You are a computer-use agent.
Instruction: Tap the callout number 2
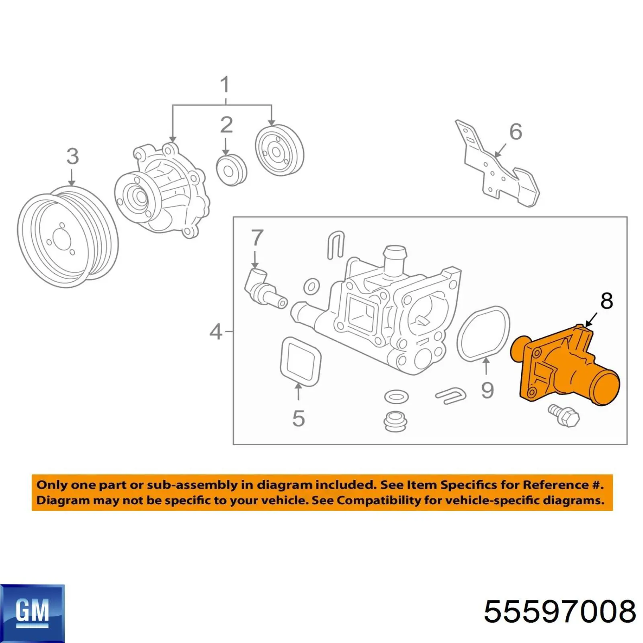[226, 125]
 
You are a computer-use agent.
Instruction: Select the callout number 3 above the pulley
[73, 156]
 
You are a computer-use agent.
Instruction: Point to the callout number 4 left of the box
[216, 332]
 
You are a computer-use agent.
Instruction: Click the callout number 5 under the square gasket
[299, 418]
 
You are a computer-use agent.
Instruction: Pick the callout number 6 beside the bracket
[516, 132]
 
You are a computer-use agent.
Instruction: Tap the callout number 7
[257, 238]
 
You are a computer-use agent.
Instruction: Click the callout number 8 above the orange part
[606, 301]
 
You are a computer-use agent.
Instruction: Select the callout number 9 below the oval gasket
[487, 390]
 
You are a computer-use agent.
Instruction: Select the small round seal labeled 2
[231, 170]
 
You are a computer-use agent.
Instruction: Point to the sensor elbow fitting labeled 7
[263, 289]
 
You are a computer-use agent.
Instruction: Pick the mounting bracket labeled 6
[498, 169]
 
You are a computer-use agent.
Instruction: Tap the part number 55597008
[560, 612]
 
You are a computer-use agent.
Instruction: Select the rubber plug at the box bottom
[396, 421]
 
